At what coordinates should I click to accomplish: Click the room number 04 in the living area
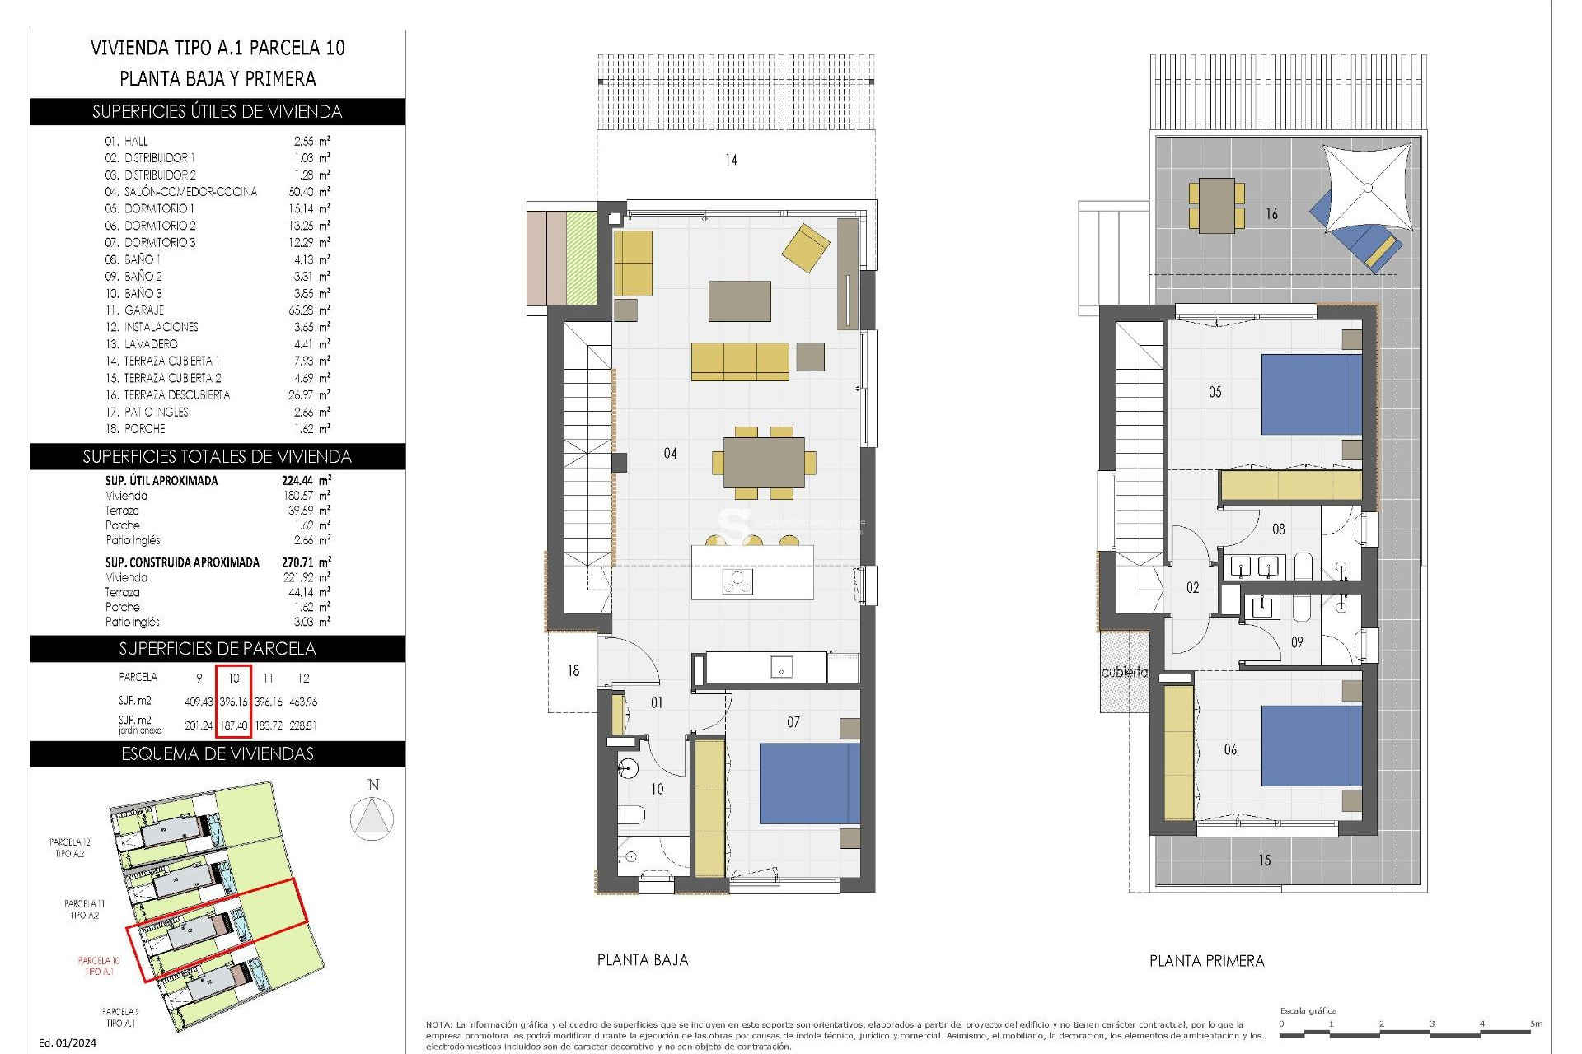click(670, 454)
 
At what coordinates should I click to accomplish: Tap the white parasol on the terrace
click(1367, 189)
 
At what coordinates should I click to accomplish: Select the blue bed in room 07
click(808, 783)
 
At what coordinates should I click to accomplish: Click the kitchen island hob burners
click(737, 581)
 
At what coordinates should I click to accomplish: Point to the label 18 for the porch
click(573, 671)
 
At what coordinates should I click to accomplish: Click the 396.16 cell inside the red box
click(233, 702)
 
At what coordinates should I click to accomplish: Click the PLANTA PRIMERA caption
click(1206, 961)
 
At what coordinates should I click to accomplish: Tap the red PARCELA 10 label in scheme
click(99, 965)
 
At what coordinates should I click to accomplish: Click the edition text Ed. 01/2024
click(68, 1042)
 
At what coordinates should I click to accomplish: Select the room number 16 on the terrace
click(1271, 214)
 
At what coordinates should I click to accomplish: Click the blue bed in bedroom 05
click(1310, 394)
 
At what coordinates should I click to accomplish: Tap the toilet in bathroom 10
click(631, 816)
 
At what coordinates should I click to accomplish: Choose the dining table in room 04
click(764, 462)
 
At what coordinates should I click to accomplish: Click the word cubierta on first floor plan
click(1124, 672)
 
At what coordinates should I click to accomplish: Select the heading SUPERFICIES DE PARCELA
click(218, 649)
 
